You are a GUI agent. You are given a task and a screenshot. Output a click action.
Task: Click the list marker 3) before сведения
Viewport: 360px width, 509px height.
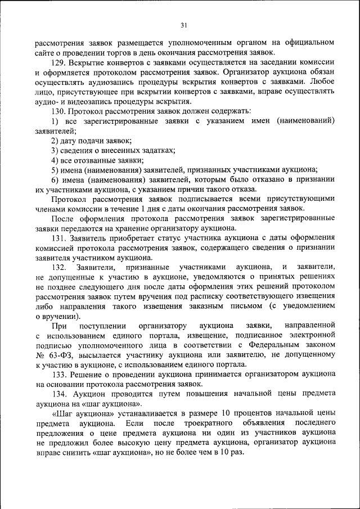[x=55, y=150]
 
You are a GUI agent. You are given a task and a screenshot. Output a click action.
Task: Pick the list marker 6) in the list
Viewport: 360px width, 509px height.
[x=55, y=179]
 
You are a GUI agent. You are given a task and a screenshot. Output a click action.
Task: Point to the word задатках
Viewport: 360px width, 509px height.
[x=157, y=150]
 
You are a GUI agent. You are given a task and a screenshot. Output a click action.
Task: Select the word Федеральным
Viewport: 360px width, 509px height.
[x=274, y=345]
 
